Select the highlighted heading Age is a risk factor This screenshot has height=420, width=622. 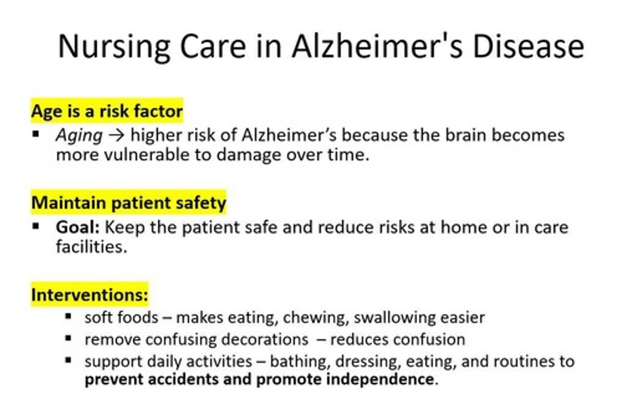[107, 111]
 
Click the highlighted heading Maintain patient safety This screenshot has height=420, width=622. [129, 203]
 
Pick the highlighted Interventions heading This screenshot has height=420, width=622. [89, 295]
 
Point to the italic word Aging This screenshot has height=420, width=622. [79, 136]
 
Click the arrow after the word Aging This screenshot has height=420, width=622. [116, 135]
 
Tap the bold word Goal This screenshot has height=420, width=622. [77, 227]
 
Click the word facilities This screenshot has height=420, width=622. [91, 247]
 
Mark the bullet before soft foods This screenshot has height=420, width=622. [68, 316]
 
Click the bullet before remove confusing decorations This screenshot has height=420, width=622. [68, 338]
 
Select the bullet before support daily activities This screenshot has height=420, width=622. [68, 360]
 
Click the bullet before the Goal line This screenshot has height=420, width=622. [36, 226]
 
